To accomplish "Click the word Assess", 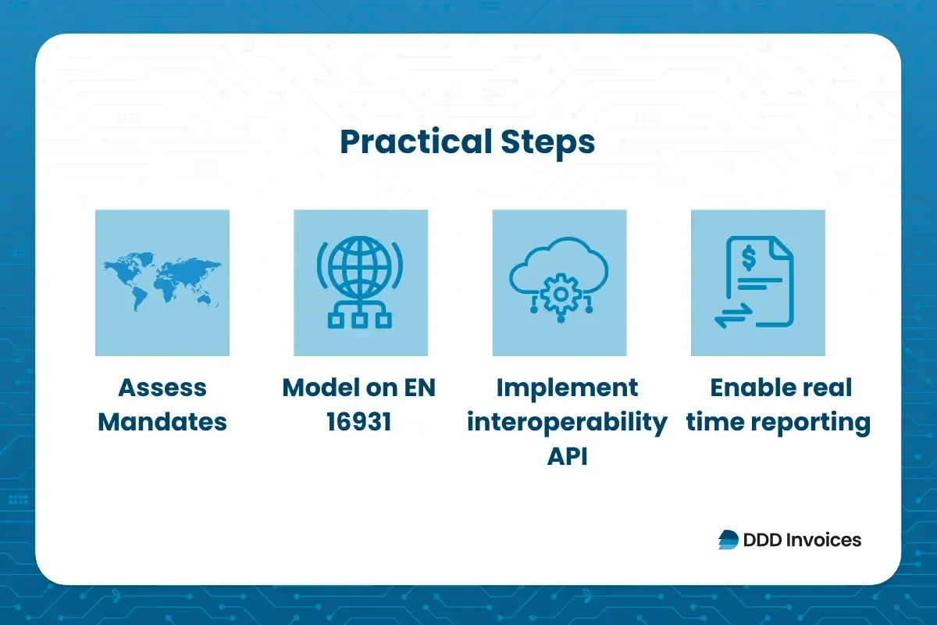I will point(162,387).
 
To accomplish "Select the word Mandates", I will point(162,422).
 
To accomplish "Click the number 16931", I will point(360,422).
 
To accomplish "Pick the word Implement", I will point(566,387).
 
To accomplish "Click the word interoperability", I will point(566,422).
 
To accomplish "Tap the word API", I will point(566,456).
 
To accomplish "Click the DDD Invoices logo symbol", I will point(728,539).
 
